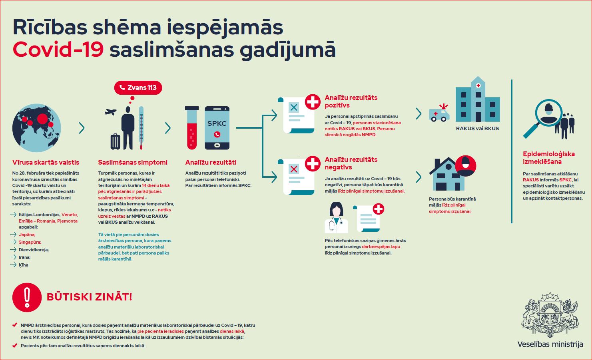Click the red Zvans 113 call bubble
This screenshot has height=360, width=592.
click(138, 88)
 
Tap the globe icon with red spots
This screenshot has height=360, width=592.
click(36, 128)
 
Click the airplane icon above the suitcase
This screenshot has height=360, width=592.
click(110, 112)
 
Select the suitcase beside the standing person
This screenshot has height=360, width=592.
click(115, 142)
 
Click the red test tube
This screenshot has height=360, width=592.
click(192, 128)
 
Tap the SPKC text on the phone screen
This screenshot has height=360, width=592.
click(217, 123)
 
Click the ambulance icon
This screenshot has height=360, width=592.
click(439, 113)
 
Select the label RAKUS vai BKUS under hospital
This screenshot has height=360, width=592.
click(477, 129)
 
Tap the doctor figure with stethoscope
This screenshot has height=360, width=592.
click(336, 218)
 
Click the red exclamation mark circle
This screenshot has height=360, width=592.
click(27, 297)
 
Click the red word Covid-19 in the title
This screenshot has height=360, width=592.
click(58, 50)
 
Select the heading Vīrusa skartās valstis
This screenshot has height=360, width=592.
click(46, 162)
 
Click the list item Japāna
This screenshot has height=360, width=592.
click(27, 235)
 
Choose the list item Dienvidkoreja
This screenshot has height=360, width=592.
click(34, 250)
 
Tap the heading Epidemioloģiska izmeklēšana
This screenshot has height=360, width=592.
click(549, 158)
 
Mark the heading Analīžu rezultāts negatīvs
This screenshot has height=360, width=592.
click(351, 163)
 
